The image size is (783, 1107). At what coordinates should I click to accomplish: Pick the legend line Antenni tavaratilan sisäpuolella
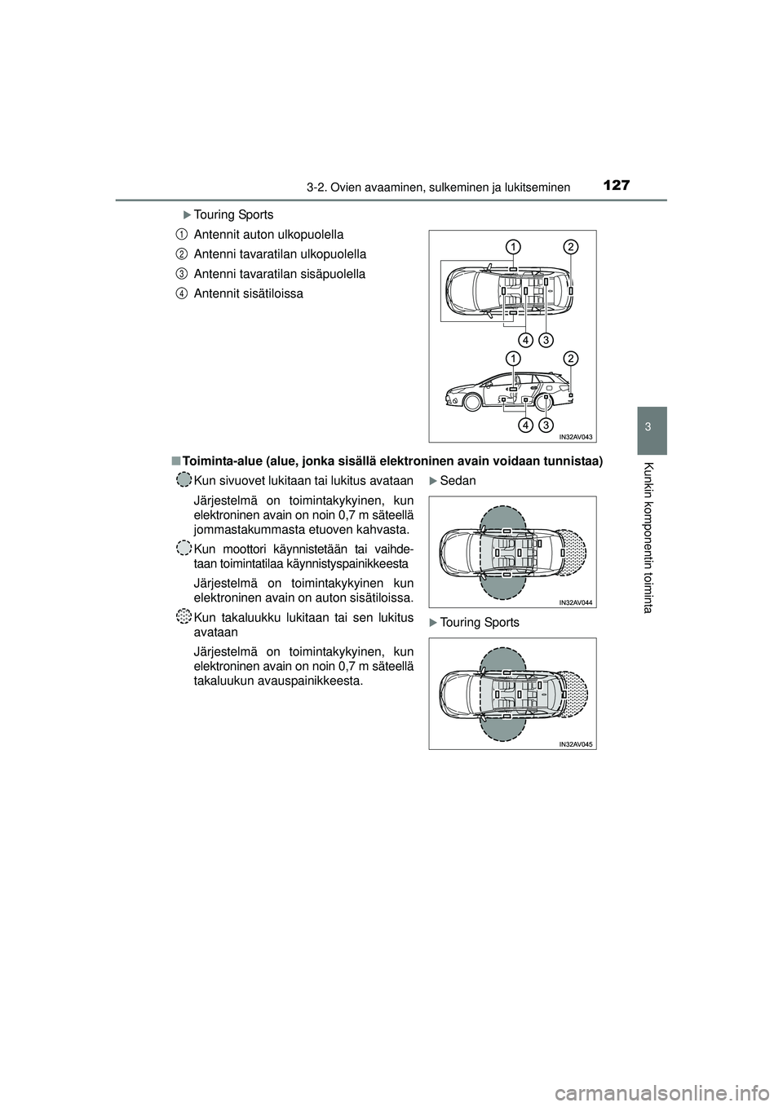point(279,274)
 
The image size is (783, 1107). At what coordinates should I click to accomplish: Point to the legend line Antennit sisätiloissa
point(248,293)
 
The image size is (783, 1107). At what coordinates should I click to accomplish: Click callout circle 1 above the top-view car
point(512,246)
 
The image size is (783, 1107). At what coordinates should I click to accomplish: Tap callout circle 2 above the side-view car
point(571,358)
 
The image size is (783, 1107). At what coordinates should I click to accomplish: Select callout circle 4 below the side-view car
point(525,426)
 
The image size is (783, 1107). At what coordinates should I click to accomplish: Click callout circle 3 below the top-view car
point(546,337)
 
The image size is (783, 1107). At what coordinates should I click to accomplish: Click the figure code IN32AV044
point(576,602)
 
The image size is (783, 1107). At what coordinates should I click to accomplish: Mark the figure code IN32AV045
point(576,744)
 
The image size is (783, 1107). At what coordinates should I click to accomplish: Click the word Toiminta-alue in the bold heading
point(218,461)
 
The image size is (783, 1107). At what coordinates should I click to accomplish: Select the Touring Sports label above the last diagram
point(479,623)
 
